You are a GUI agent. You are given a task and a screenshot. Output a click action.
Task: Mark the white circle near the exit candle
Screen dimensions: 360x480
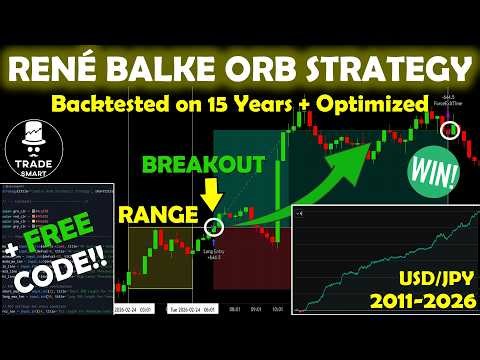(x=452, y=130)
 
